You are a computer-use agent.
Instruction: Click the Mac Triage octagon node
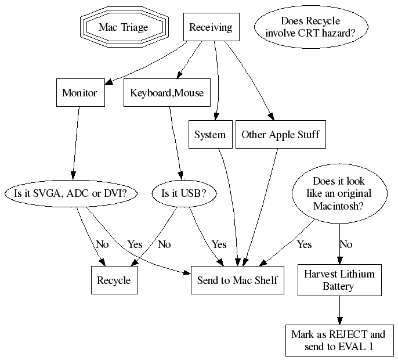pyautogui.click(x=123, y=27)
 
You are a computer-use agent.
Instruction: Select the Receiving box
pyautogui.click(x=211, y=27)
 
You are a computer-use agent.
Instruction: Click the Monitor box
pyautogui.click(x=79, y=93)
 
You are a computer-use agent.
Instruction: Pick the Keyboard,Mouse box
pyautogui.click(x=167, y=93)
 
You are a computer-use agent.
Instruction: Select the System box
pyautogui.click(x=210, y=135)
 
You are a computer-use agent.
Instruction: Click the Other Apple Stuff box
pyautogui.click(x=280, y=135)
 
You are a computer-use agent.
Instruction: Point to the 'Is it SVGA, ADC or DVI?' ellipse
pyautogui.click(x=70, y=193)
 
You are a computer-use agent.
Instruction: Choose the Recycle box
pyautogui.click(x=114, y=280)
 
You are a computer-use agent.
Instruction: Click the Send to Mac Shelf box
pyautogui.click(x=237, y=280)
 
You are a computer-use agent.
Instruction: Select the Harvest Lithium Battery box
pyautogui.click(x=339, y=280)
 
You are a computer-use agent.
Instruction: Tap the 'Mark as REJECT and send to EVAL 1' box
pyautogui.click(x=338, y=341)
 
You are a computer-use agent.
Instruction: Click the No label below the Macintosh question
pyautogui.click(x=346, y=244)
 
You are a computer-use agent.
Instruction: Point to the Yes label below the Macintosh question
pyautogui.click(x=304, y=244)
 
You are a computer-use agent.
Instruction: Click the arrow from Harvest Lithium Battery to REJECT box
pyautogui.click(x=339, y=310)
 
